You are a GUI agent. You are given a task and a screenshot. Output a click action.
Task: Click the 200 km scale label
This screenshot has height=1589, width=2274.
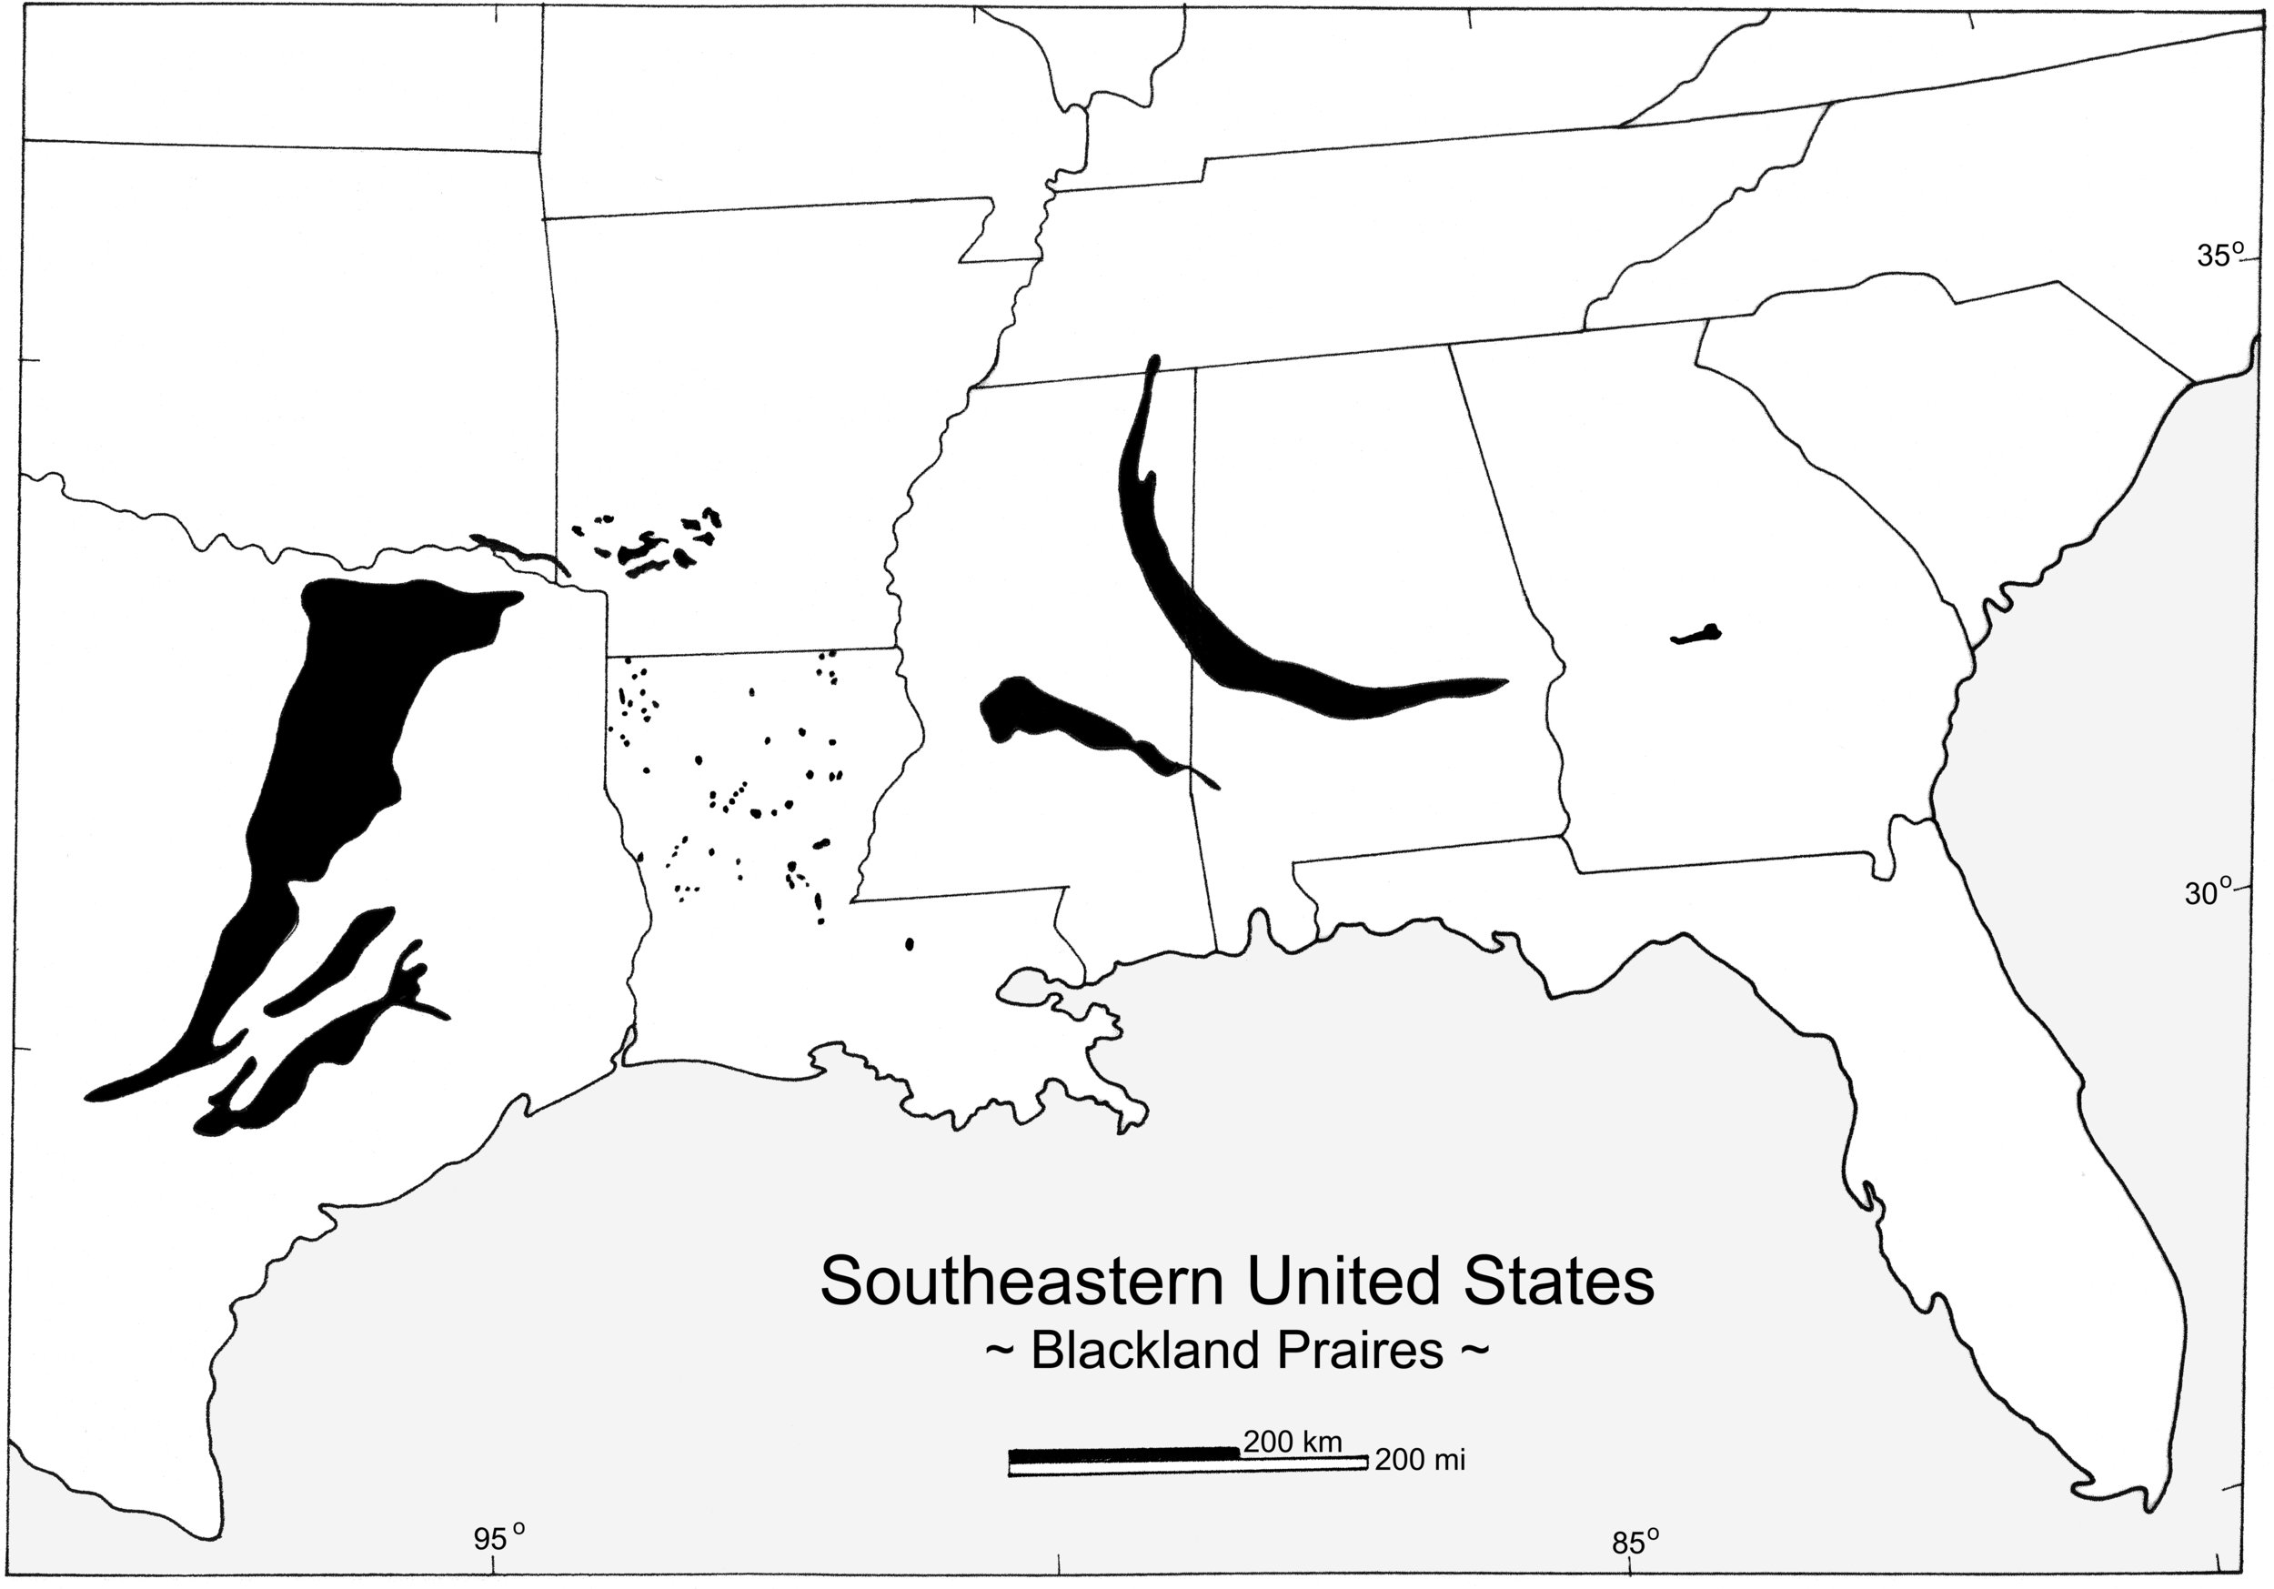[x=1293, y=1442]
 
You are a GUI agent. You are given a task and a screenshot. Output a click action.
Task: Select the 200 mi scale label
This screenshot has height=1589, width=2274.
[x=1419, y=1459]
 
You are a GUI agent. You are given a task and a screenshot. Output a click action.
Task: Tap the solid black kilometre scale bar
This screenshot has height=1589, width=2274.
[x=1123, y=1454]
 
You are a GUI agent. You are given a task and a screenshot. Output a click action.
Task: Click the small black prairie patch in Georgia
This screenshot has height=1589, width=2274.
[x=1696, y=634]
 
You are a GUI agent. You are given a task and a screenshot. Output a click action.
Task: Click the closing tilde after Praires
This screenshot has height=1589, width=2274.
[x=1474, y=1352]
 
